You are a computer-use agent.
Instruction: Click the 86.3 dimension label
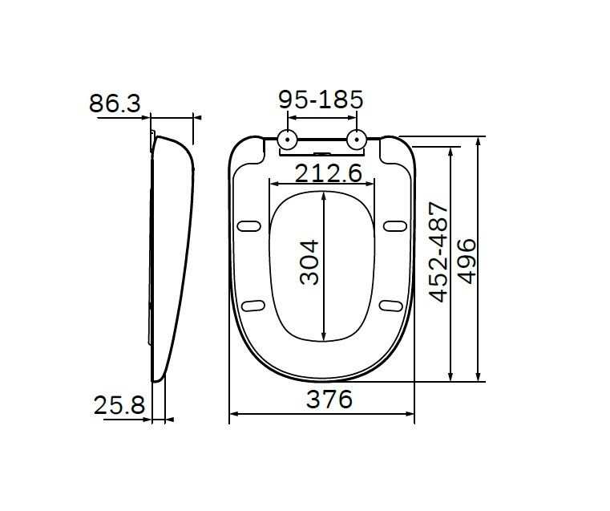pos(115,103)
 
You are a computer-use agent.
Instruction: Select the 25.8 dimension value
pos(118,405)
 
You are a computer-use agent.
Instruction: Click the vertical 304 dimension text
pos(309,262)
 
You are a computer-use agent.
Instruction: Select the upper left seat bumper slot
pos(250,225)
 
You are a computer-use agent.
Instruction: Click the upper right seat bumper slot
pos(393,225)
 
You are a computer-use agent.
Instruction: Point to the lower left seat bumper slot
pos(252,304)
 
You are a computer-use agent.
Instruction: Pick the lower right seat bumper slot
pos(392,304)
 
